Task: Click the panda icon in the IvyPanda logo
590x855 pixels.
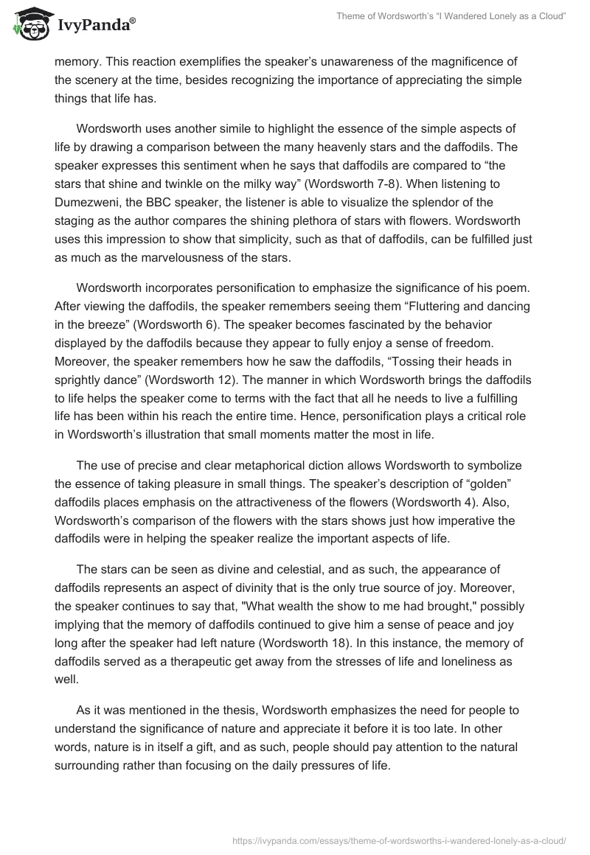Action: coord(29,24)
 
